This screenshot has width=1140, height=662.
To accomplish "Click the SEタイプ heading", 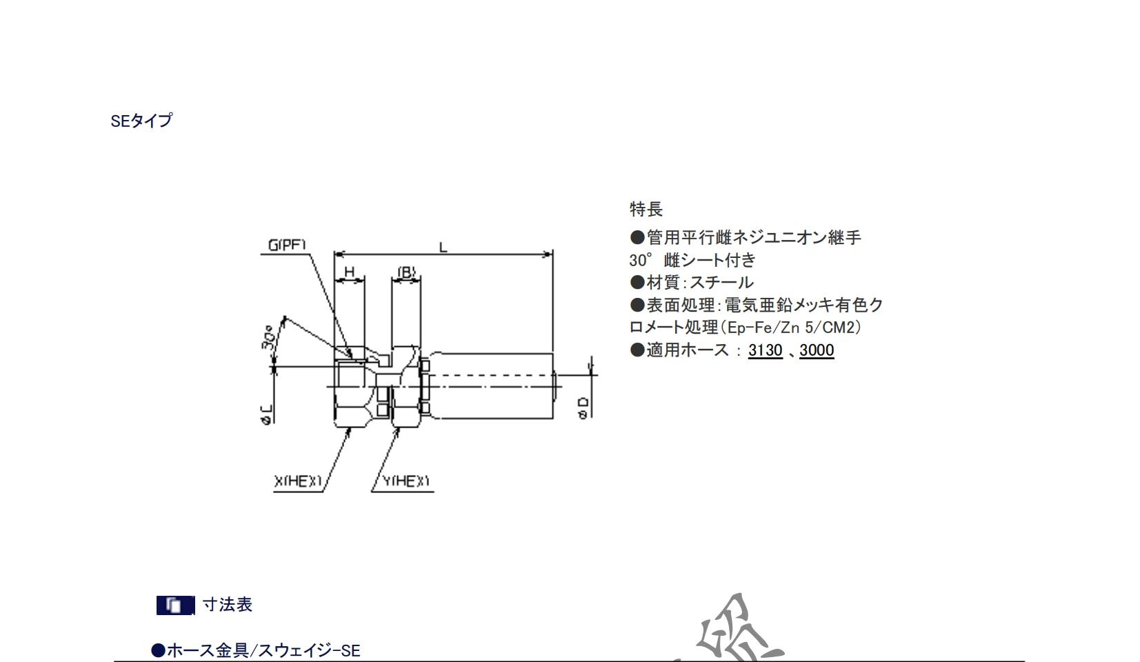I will click(x=141, y=121).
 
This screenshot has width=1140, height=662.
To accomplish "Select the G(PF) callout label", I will click(x=286, y=245).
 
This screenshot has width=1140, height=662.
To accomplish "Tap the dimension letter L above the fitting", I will click(x=443, y=246).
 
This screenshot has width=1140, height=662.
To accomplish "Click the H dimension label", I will click(x=349, y=272).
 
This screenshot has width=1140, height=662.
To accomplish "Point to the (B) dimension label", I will click(x=406, y=272).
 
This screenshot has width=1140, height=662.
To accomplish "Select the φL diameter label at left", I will click(x=267, y=413).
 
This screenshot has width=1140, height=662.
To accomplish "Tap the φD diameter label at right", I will click(x=583, y=407).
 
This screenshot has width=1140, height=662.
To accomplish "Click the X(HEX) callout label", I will click(x=298, y=481).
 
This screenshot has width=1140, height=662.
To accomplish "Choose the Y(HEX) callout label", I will click(x=406, y=481).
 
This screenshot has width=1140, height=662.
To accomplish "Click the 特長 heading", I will click(x=646, y=209).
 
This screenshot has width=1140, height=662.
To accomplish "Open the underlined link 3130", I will click(x=765, y=350).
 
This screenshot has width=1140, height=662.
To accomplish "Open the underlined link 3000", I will click(x=817, y=350).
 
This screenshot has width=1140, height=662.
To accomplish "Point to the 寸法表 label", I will click(x=228, y=605).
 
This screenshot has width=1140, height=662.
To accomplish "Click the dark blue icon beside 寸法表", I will click(x=175, y=605).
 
